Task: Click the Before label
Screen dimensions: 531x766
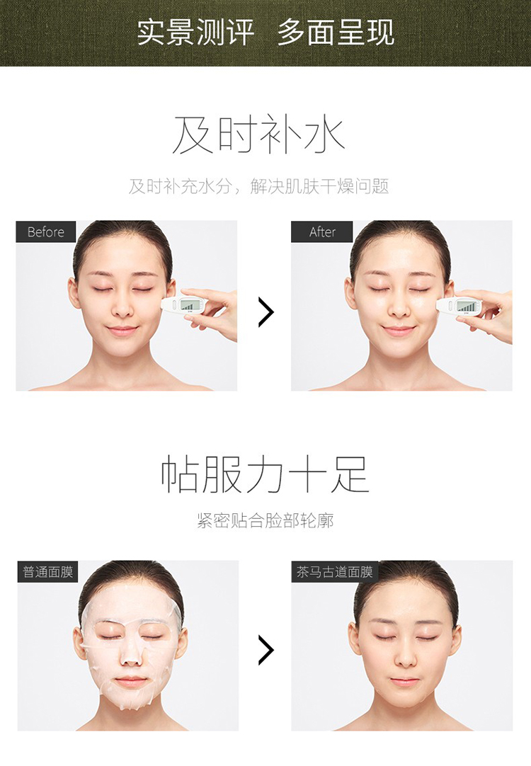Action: point(46,231)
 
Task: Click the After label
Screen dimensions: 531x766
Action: point(322,231)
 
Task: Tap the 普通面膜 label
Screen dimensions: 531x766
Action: point(48,571)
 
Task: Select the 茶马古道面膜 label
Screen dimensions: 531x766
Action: point(335,571)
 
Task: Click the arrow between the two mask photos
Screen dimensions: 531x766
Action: point(266,650)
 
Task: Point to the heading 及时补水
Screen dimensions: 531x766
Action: point(259,135)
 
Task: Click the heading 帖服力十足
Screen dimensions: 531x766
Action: point(265,474)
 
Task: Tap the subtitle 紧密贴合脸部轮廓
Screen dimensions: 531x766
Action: point(265,521)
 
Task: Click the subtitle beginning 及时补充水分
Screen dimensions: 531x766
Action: point(259,186)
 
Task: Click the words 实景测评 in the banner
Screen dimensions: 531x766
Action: point(195,33)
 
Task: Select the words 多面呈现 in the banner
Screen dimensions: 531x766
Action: point(336,33)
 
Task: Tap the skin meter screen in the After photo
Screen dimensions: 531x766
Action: point(466,307)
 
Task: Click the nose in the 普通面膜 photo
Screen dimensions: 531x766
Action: point(131,654)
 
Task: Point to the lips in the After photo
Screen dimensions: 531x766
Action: point(398,331)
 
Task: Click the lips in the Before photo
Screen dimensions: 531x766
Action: point(122,331)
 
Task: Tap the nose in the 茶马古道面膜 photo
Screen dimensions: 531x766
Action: point(405,656)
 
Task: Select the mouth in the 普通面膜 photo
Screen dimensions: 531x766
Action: point(130,681)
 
